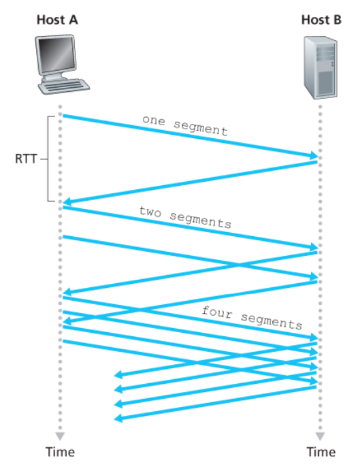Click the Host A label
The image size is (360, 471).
(57, 20)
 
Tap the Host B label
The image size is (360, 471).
(321, 20)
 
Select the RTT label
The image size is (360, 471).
(26, 159)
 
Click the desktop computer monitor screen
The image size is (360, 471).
(56, 55)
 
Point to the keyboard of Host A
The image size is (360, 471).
(64, 86)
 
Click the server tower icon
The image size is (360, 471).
(321, 67)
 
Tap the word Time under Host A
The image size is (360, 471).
(60, 452)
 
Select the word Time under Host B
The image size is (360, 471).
(321, 452)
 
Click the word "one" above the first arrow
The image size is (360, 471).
(154, 120)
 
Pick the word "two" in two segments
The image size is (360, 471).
(150, 212)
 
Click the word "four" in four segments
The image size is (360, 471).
(217, 312)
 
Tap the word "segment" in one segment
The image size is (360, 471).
(201, 128)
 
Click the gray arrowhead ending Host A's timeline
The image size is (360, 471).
(60, 436)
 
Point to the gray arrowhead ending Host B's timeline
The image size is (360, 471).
(320, 436)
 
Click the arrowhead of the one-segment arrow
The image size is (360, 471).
(314, 155)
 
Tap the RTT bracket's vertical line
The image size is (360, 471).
(48, 159)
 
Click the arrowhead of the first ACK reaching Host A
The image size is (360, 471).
(67, 201)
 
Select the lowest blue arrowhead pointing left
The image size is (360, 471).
(118, 418)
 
